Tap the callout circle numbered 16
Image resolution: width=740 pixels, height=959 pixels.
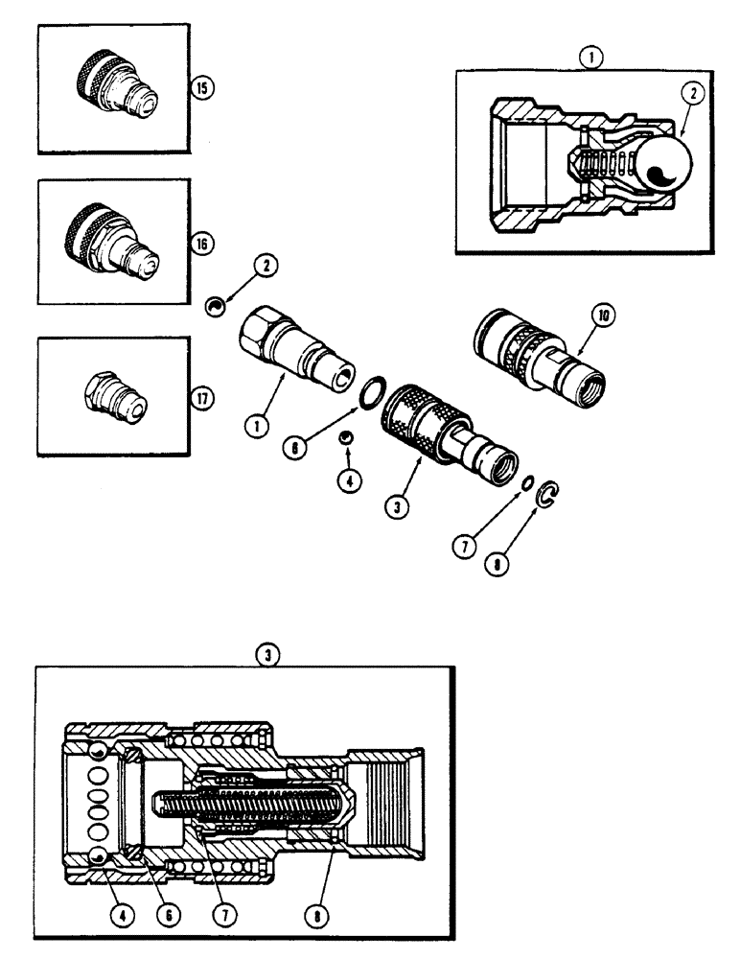pyautogui.click(x=202, y=245)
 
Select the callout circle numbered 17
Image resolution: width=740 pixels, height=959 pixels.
pyautogui.click(x=201, y=397)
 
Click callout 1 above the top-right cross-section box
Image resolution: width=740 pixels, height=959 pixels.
pyautogui.click(x=591, y=57)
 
